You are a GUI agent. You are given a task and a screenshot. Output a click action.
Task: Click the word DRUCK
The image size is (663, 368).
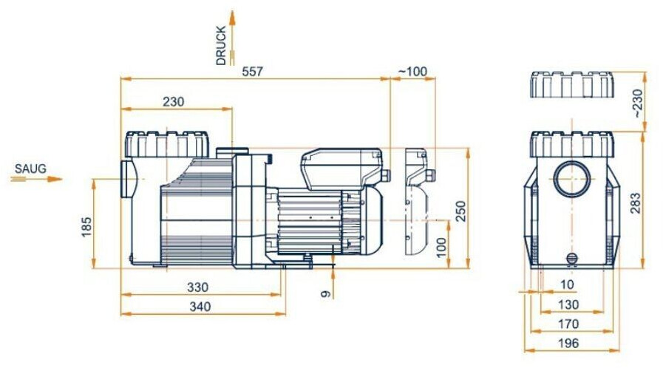(x=221, y=46)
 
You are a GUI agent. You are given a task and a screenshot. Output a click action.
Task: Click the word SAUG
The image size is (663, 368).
(x=30, y=168)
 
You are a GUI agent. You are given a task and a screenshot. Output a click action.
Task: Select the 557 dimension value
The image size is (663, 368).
(x=253, y=72)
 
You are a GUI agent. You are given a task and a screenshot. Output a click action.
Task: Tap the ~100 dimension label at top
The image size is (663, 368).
(x=412, y=72)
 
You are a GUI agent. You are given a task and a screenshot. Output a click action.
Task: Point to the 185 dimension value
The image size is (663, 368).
(x=86, y=227)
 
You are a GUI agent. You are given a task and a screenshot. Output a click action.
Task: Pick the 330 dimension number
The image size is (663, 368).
(x=198, y=287)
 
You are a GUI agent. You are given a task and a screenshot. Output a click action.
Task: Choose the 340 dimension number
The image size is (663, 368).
(x=200, y=307)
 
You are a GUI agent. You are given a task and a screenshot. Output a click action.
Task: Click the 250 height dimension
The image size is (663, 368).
(x=461, y=211)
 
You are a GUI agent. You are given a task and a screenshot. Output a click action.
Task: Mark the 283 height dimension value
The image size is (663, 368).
(x=636, y=202)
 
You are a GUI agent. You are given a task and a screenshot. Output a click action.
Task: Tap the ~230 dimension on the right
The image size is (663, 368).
(x=638, y=103)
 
